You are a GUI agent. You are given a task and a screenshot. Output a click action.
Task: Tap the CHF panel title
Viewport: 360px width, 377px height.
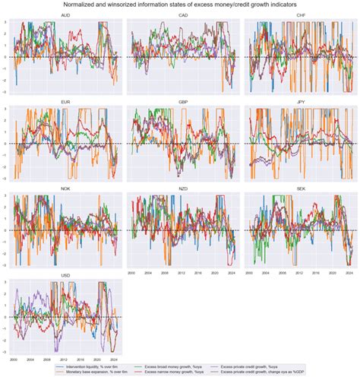click(x=298, y=15)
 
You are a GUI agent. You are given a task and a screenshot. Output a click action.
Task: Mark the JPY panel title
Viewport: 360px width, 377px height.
click(x=298, y=100)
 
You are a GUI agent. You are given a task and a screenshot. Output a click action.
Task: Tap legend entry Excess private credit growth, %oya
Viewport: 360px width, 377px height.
click(x=256, y=364)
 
